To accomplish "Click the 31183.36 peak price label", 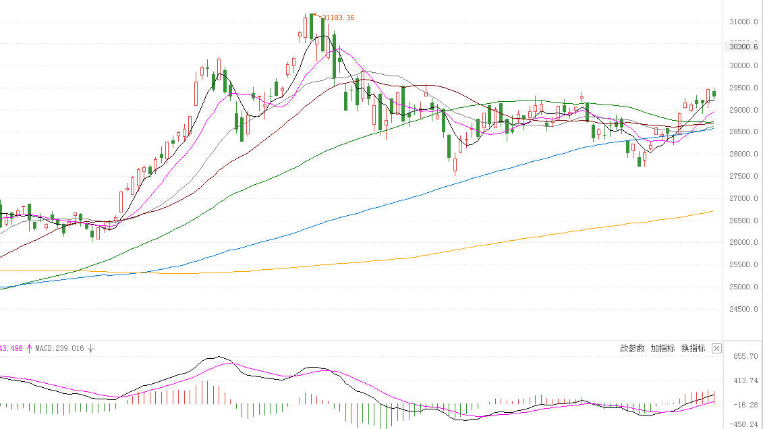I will (x=338, y=18).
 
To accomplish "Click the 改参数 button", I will (x=632, y=349).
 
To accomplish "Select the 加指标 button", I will (x=662, y=349).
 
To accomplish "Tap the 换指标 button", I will (x=693, y=349).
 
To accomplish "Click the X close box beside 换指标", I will (x=716, y=349).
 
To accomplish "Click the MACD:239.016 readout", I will (x=61, y=349).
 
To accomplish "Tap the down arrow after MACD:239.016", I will (x=91, y=349).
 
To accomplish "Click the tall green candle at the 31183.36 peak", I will (x=312, y=27).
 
